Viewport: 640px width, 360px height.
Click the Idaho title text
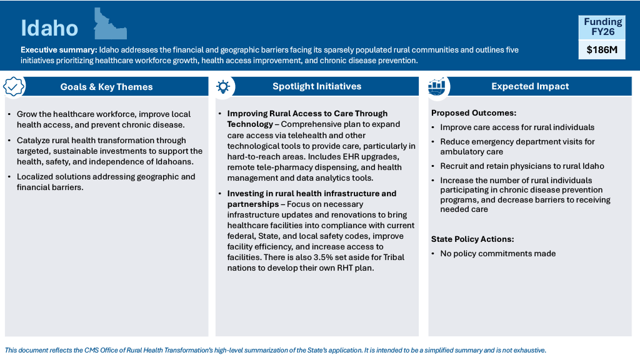[49, 28]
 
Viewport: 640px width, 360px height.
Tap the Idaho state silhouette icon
[109, 25]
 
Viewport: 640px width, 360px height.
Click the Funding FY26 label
[602, 27]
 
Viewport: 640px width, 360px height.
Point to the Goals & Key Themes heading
[106, 87]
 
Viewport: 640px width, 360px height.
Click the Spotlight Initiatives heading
[317, 86]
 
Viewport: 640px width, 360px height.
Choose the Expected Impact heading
[530, 86]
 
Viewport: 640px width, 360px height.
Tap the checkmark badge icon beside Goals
[14, 87]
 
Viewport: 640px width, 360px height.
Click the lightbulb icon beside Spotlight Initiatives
[223, 87]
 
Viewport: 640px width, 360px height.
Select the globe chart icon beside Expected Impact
[437, 87]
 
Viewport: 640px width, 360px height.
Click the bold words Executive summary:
[59, 50]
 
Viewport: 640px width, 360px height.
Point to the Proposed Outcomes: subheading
[474, 113]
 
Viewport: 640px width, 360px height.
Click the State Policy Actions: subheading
[472, 239]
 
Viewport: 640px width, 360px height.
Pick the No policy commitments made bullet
[497, 254]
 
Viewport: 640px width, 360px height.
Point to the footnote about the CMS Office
[275, 351]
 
